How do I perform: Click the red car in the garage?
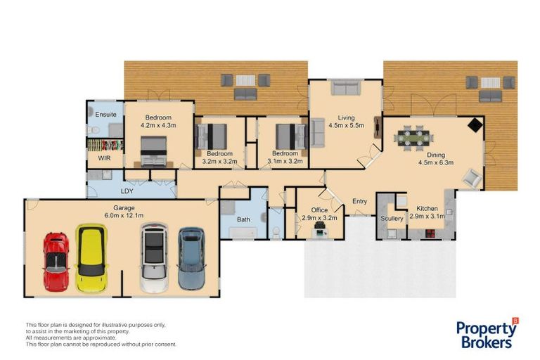point(56,261)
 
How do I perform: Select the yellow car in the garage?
point(91,259)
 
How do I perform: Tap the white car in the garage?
point(154,257)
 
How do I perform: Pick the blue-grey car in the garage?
point(191,258)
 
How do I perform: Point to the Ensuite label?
point(105,114)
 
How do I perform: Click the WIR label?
point(105,160)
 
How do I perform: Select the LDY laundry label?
point(127,191)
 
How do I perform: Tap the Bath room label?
point(243,220)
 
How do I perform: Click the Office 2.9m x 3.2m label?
point(319,214)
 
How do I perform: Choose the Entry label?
point(359,202)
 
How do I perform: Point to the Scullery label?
point(392,219)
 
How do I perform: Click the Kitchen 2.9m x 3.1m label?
point(430,213)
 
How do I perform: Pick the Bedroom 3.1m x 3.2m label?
point(284,157)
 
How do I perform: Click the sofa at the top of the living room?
point(345,88)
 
